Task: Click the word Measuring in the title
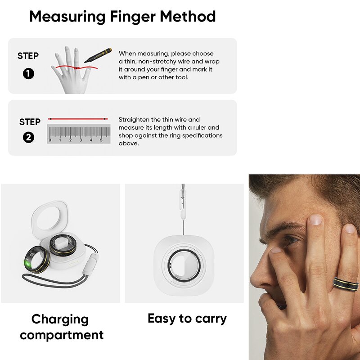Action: (67, 17)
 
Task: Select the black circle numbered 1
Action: (28, 73)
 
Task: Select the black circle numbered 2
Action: (28, 138)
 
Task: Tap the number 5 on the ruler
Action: (101, 140)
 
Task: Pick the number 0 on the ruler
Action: (49, 140)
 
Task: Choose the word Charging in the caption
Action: (60, 320)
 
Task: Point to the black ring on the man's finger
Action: (346, 284)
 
